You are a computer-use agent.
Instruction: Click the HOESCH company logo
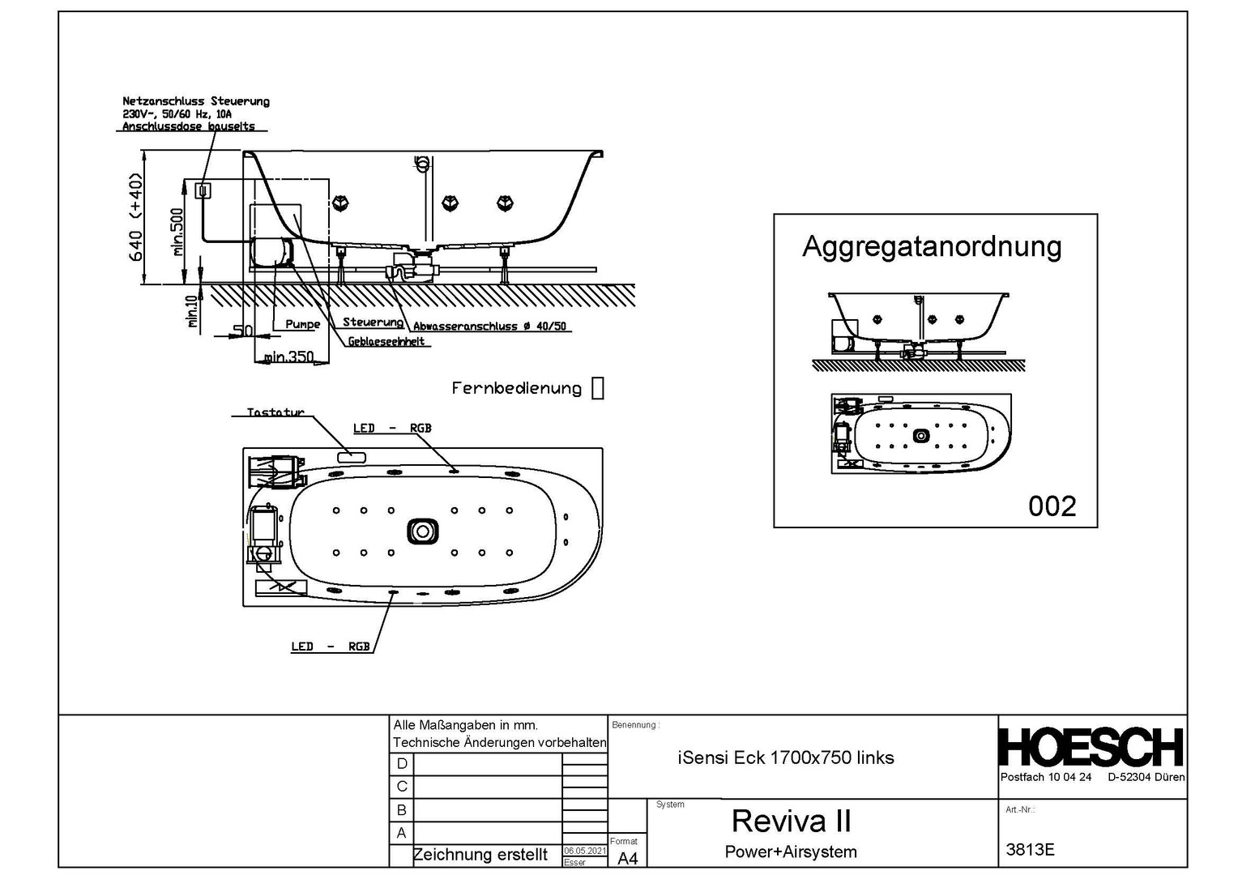[1091, 747]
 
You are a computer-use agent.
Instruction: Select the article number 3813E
[1030, 850]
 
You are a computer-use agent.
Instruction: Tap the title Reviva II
[791, 821]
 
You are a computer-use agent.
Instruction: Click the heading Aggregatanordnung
[932, 246]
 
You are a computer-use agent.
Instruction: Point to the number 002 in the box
[1052, 506]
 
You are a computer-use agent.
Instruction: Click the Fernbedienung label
[516, 389]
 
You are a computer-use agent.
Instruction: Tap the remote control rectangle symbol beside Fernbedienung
[598, 388]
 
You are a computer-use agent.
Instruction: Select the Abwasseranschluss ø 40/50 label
[489, 327]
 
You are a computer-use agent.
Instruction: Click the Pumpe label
[302, 324]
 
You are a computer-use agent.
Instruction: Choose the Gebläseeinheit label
[386, 341]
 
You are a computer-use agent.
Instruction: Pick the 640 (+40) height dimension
[135, 217]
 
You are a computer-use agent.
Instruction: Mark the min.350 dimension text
[288, 356]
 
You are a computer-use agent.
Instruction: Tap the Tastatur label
[275, 412]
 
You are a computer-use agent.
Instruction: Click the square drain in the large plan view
[422, 531]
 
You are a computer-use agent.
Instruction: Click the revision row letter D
[402, 764]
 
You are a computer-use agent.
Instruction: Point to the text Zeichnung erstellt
[480, 855]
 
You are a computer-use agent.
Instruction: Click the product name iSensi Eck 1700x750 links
[785, 758]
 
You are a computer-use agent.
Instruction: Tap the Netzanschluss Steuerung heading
[196, 101]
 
